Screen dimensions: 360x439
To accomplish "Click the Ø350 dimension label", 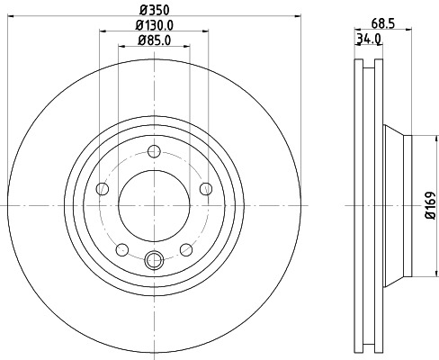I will pos(153,11).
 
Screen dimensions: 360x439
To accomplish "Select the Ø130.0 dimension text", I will pos(154,26).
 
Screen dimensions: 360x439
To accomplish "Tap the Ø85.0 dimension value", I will pos(154,40).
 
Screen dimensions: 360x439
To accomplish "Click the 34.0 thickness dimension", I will pos(369,39).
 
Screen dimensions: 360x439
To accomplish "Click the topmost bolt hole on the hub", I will pos(153,151).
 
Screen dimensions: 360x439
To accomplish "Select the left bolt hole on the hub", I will pos(102,189).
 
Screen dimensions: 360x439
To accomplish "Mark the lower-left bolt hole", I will pos(121,249).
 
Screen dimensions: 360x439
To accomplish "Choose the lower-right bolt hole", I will pos(185,249).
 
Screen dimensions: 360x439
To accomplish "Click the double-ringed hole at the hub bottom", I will pos(153,262).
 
